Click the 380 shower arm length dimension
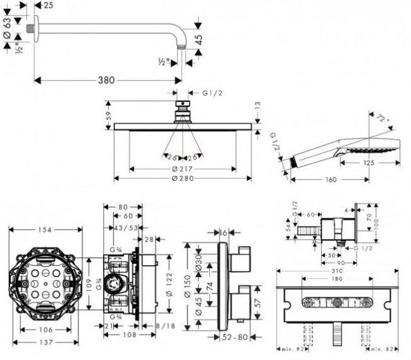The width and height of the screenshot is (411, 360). (106, 80)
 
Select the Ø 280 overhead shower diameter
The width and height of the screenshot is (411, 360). (182, 179)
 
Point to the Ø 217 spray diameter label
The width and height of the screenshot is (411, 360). (182, 169)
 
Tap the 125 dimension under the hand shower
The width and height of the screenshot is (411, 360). (370, 163)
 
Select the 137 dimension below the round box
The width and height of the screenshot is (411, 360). (43, 342)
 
